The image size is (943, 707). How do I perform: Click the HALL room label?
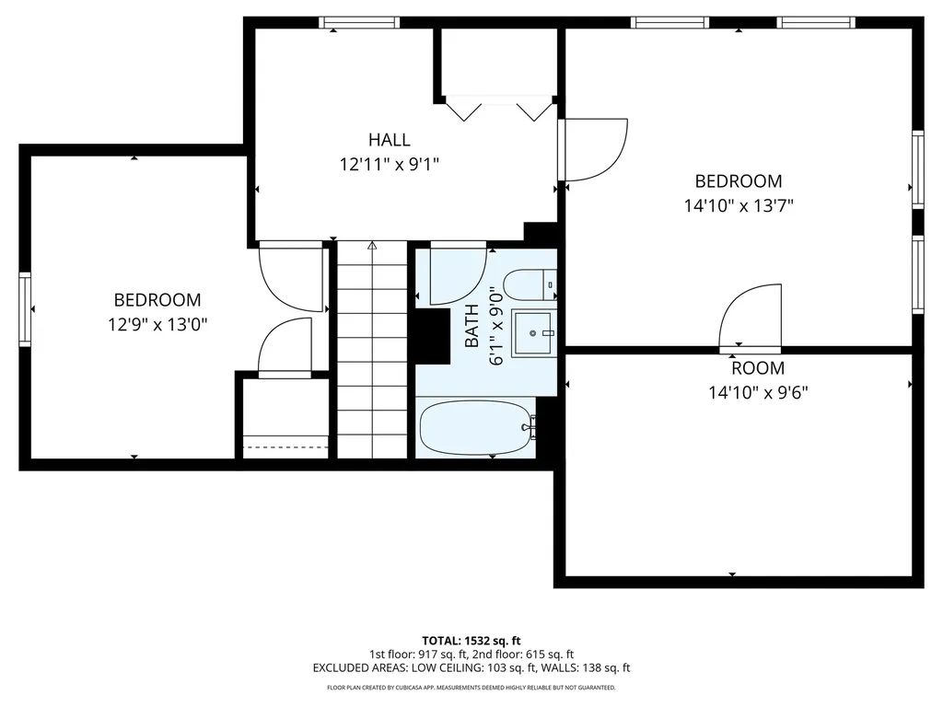tap(389, 140)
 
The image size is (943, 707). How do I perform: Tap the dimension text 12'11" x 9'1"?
tap(389, 165)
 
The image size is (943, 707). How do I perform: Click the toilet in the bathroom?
tap(531, 285)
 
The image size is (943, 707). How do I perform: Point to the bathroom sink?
tap(534, 330)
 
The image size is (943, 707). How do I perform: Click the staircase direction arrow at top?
tap(372, 246)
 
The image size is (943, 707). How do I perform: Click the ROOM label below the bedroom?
tap(758, 368)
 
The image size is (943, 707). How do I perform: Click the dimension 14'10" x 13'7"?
tap(739, 206)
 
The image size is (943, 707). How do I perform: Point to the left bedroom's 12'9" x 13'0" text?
tap(157, 324)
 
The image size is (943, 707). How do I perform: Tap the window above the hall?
tap(359, 22)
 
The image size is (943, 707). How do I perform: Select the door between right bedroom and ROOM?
tap(750, 318)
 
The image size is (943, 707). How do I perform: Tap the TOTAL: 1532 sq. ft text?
tap(471, 640)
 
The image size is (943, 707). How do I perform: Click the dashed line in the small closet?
tap(285, 447)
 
